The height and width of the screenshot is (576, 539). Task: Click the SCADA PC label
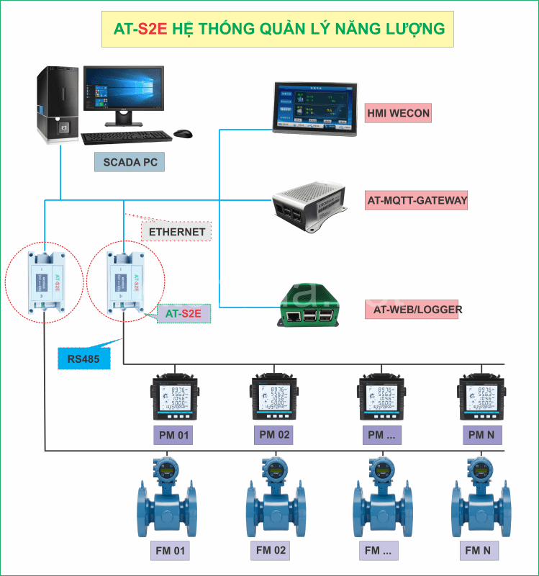coord(130,162)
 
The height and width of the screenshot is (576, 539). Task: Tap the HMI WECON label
coord(398,113)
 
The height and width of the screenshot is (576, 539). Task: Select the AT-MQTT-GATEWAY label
coord(417,200)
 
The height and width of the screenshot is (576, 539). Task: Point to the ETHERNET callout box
coord(176,232)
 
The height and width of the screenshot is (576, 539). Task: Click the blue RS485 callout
coord(83,358)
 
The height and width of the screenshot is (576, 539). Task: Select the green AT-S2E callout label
coord(184,313)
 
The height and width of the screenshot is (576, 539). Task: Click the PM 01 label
coord(173,435)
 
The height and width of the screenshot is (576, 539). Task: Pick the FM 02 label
coord(271,551)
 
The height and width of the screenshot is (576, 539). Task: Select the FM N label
coord(477,552)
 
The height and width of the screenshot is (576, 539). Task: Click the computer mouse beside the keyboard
coord(183,134)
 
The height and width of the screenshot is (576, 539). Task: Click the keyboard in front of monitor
coord(125,138)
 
